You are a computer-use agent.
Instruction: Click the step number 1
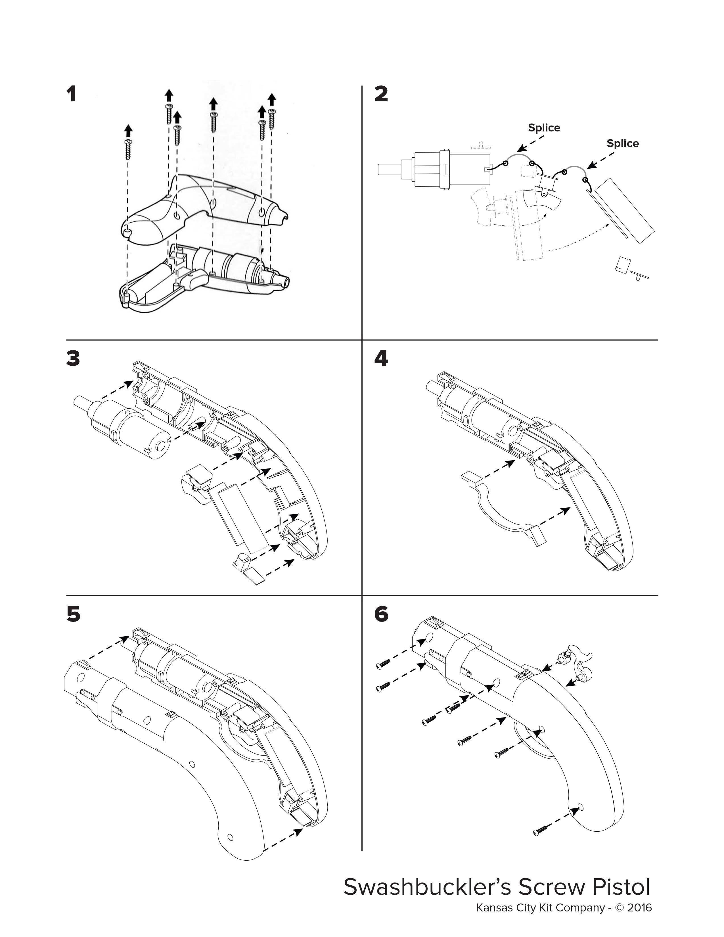coord(72,94)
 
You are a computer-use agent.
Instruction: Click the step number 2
coord(381,94)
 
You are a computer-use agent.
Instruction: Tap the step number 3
coord(73,358)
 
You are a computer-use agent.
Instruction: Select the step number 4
coord(381,358)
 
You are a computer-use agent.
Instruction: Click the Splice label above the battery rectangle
coord(622,143)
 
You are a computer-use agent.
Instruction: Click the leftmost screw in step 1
coord(128,149)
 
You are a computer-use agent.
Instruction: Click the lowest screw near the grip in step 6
coord(542,830)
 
